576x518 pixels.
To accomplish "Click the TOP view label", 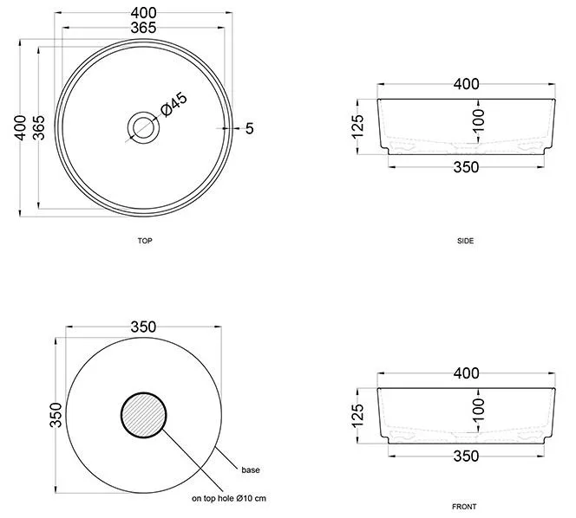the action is coord(145,241).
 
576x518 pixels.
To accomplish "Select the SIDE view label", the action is coord(465,241).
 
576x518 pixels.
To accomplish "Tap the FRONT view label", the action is coord(464,507).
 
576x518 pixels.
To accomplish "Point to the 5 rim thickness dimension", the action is coord(250,128).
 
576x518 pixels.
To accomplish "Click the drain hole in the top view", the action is coord(143,127).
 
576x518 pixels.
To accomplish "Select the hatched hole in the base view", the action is coord(144,415).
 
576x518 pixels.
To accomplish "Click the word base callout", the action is coord(251,470).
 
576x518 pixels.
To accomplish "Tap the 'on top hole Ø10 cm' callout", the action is coord(229,499).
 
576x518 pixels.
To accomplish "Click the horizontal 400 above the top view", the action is coord(144,13).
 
